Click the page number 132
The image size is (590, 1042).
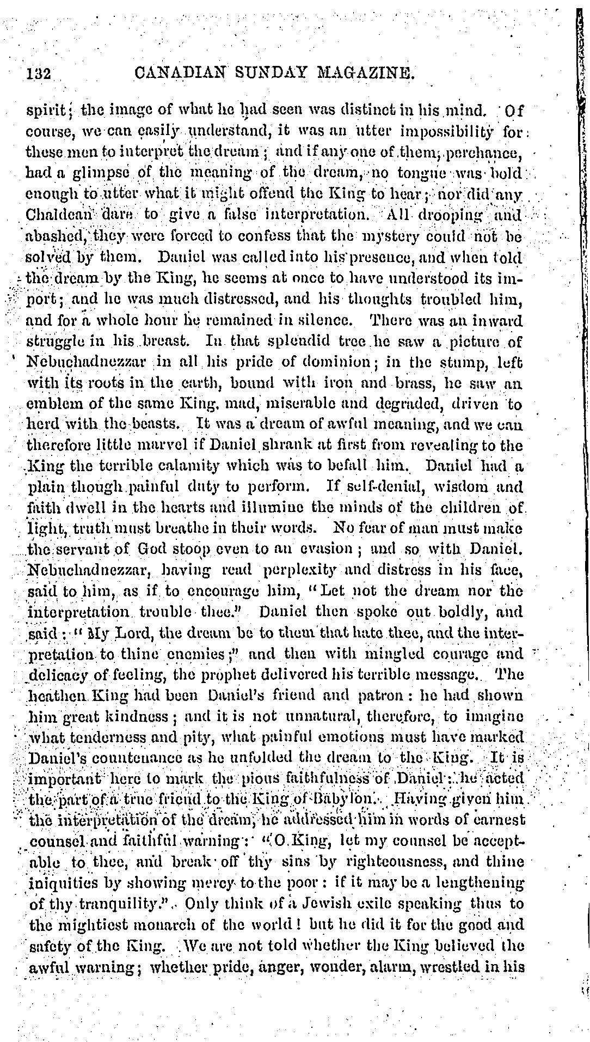point(39,73)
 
